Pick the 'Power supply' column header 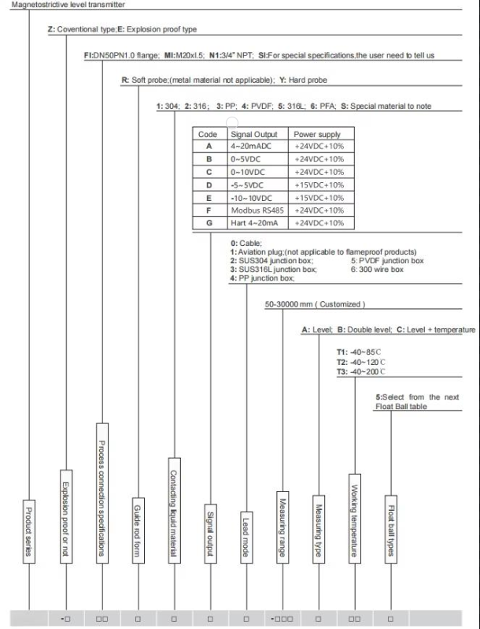click(316, 135)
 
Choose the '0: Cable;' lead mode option click(246, 244)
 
